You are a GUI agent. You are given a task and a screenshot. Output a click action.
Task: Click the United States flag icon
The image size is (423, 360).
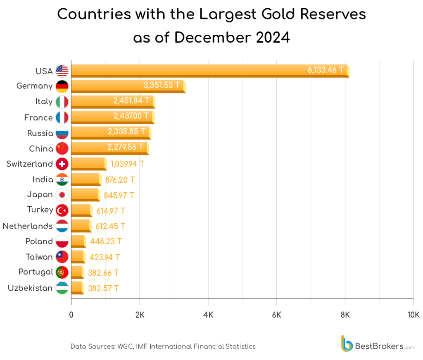[62, 71]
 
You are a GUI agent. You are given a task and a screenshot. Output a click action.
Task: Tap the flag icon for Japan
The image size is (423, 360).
[62, 195]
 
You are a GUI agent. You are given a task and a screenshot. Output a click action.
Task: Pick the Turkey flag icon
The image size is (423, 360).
[62, 210]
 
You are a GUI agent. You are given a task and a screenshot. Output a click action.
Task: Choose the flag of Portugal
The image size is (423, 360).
[62, 272]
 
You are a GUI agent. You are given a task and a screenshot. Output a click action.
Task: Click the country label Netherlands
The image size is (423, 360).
[28, 226]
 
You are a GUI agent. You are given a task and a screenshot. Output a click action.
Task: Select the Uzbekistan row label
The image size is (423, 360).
[30, 288]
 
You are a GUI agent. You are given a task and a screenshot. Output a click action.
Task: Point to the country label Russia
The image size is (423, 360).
[40, 133]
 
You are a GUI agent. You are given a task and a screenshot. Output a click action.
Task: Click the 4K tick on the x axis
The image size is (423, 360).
[208, 315]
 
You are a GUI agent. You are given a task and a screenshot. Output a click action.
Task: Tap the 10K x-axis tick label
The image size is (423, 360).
[413, 315]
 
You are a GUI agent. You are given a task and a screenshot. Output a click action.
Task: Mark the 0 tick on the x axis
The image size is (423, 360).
[71, 315]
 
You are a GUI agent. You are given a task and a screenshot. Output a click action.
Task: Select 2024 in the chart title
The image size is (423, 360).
[273, 38]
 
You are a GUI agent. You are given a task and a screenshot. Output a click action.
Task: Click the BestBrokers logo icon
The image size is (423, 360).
[347, 343]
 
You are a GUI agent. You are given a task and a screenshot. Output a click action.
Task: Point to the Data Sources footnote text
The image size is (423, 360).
[163, 346]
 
